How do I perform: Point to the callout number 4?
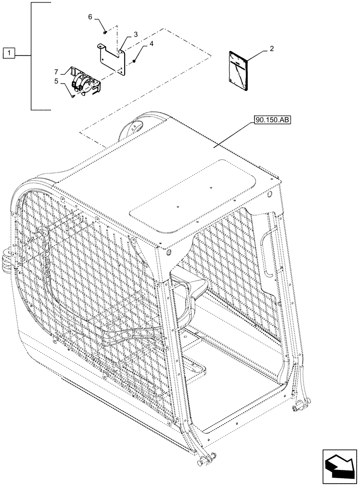[x=152, y=43]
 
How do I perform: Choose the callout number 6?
[x=90, y=17]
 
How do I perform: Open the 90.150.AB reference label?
[x=271, y=120]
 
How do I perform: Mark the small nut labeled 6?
[x=106, y=33]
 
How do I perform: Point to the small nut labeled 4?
[x=134, y=60]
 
